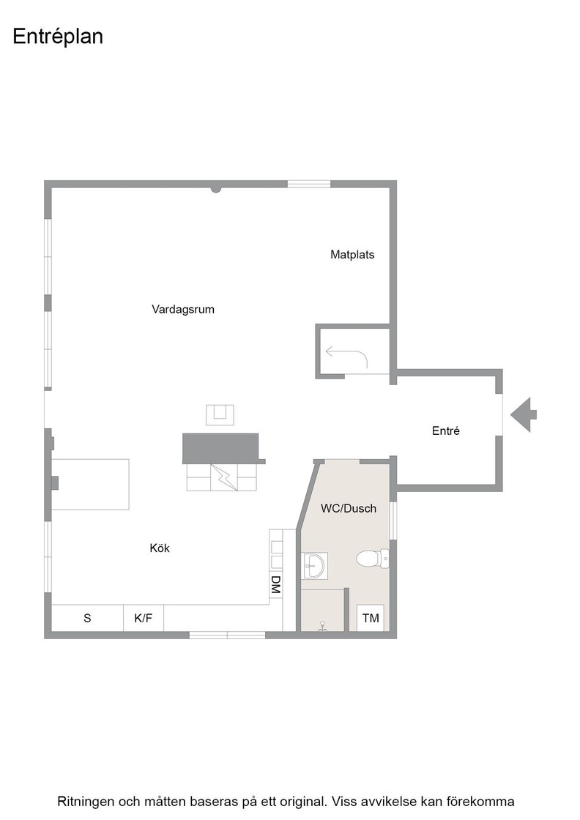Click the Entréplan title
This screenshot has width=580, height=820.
click(58, 37)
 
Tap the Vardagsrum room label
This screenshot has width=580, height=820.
click(183, 309)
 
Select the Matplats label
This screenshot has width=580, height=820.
click(352, 255)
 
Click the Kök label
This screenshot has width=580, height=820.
click(160, 548)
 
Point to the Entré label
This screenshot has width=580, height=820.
click(445, 430)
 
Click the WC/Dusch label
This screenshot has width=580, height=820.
click(349, 508)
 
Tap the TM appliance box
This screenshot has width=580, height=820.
click(371, 618)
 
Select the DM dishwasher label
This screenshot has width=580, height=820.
click(275, 585)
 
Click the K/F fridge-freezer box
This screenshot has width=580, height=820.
click(144, 618)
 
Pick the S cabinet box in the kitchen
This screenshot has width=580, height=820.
click(87, 618)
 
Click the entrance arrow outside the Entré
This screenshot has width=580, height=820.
click(523, 414)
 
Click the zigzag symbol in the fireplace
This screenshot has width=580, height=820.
click(224, 477)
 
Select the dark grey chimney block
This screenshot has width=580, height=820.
click(221, 448)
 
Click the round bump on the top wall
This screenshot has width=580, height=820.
click(216, 189)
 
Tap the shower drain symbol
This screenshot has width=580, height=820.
click(323, 627)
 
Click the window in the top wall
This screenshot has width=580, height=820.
click(308, 184)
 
